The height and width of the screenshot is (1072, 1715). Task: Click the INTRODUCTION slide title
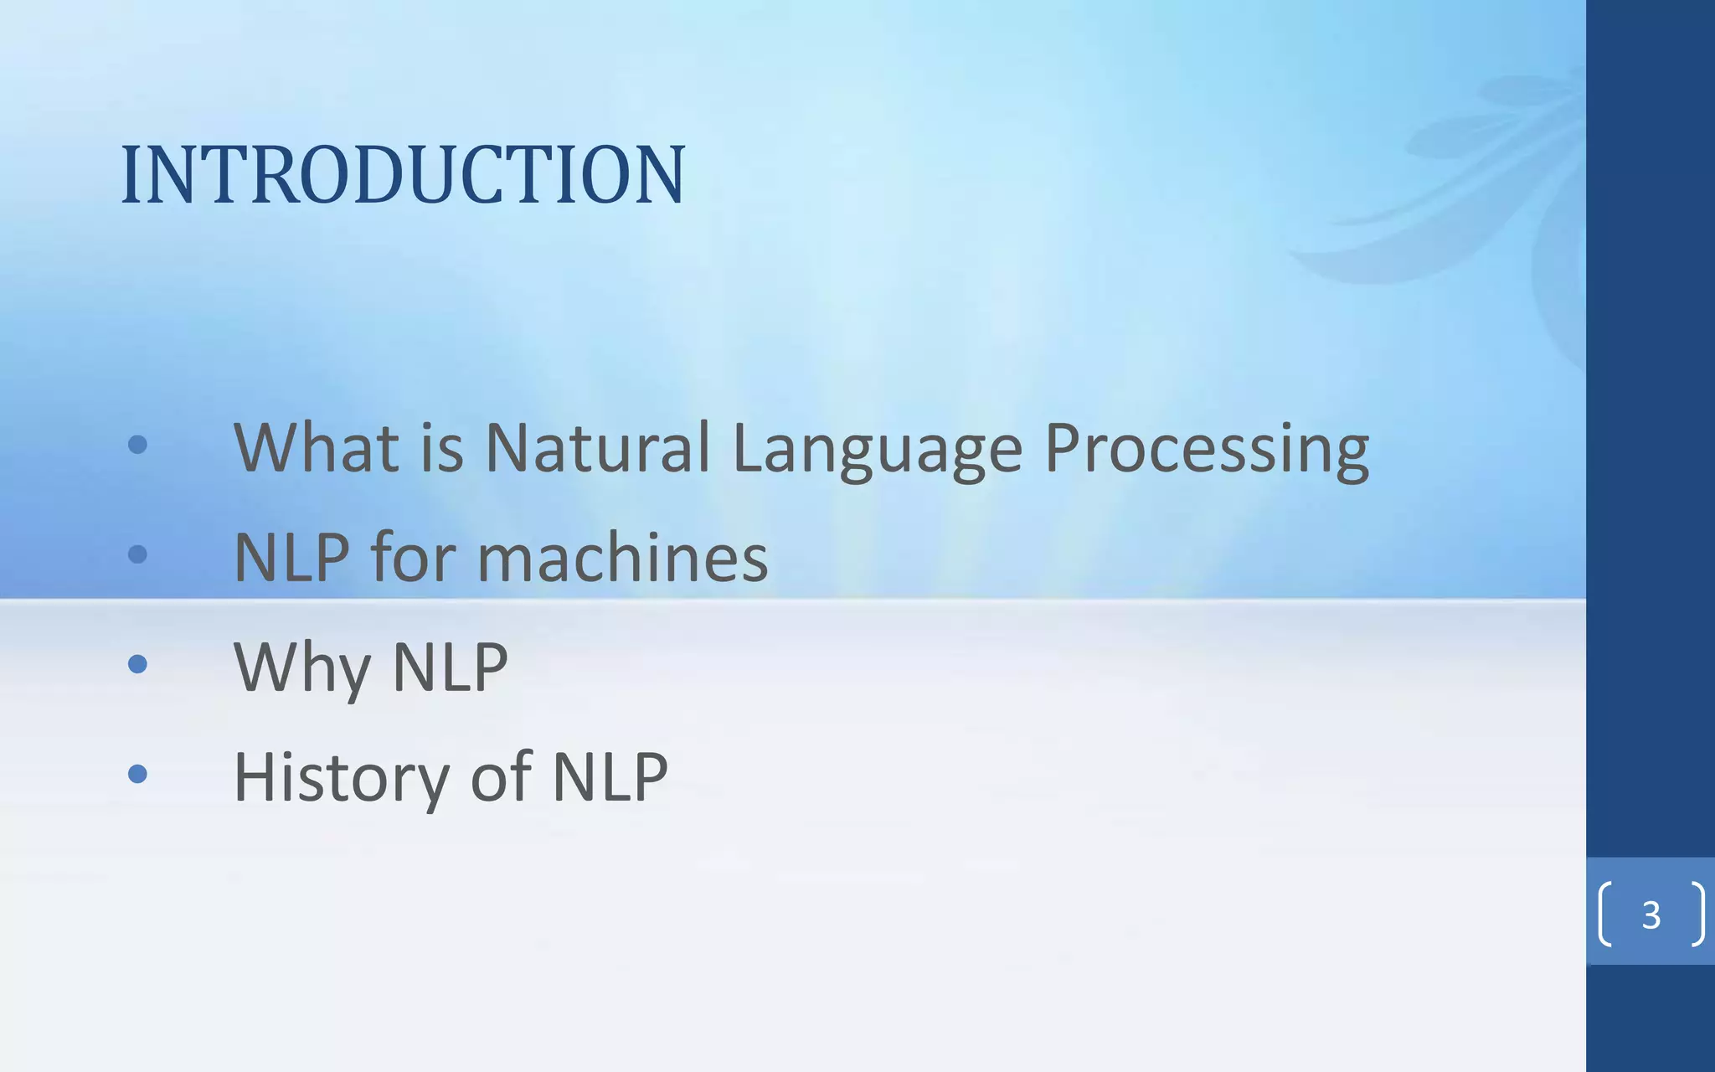[403, 174]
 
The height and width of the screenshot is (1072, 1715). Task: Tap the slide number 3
[1651, 915]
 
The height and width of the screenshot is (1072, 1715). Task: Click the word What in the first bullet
[316, 447]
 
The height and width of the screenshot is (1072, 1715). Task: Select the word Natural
[598, 447]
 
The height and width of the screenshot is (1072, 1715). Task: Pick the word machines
[622, 558]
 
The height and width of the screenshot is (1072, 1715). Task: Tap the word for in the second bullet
[413, 558]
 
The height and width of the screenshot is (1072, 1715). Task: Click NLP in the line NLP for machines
[291, 558]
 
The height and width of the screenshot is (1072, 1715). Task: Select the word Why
[301, 668]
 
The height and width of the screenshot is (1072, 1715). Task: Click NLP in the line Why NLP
[450, 667]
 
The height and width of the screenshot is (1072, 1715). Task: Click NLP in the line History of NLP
[610, 777]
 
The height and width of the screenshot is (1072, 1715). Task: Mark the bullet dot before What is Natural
[138, 445]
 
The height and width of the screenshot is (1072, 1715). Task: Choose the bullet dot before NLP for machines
[138, 554]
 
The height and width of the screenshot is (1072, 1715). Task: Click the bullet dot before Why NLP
[138, 664]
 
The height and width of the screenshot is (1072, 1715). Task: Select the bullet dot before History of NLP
[138, 774]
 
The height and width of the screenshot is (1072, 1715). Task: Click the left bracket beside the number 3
[1604, 914]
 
